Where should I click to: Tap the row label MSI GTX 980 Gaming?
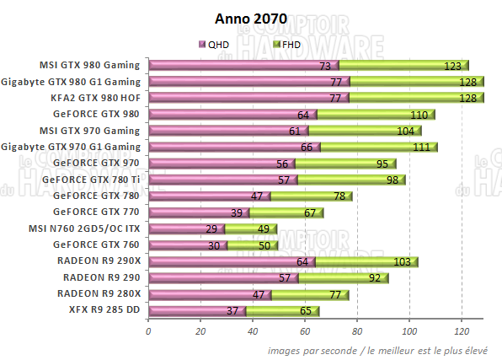[x=89, y=66]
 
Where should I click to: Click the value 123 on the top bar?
[x=453, y=66]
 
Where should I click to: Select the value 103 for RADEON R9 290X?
[x=403, y=261]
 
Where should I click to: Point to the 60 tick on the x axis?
[x=305, y=332]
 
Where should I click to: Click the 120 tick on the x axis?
[x=461, y=332]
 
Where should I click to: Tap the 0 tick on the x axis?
[x=148, y=332]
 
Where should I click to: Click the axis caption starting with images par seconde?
[x=384, y=349]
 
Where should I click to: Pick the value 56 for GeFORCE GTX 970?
[x=282, y=164]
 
